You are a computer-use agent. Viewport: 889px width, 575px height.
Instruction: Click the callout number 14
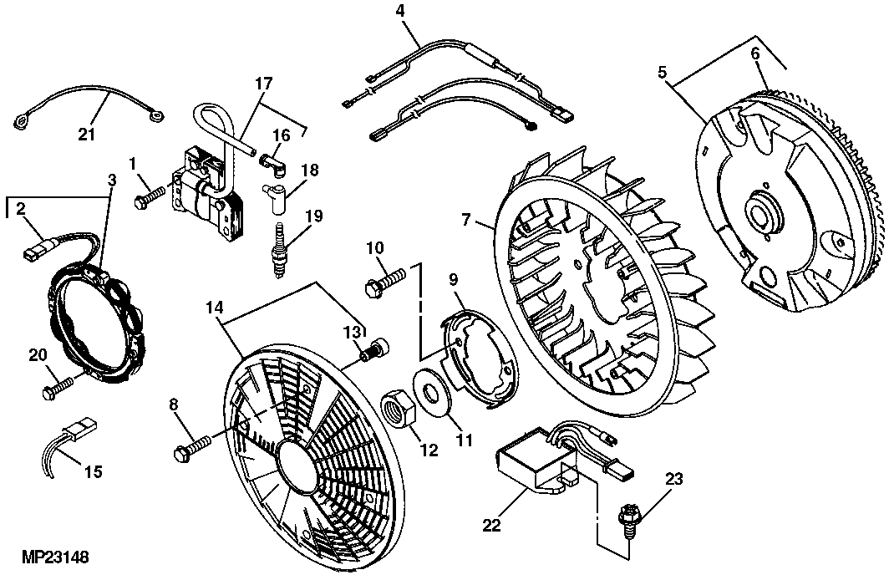coord(214,307)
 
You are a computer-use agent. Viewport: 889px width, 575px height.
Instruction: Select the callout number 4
coord(399,11)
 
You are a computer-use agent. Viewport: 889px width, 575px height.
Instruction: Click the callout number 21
coord(86,135)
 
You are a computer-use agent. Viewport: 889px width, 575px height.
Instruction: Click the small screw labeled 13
coord(375,349)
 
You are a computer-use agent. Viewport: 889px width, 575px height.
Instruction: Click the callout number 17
coord(263,84)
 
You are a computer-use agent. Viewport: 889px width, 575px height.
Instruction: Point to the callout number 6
coord(754,52)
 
